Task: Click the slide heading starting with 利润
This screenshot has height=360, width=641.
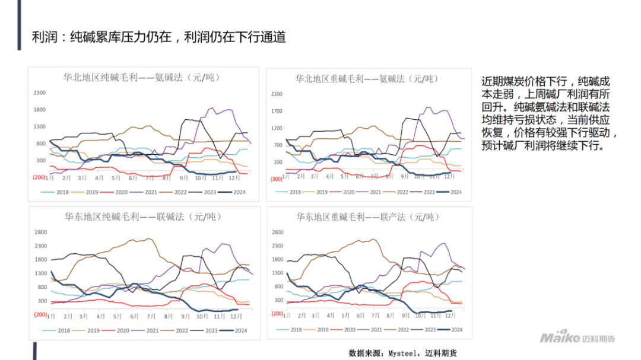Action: [159, 37]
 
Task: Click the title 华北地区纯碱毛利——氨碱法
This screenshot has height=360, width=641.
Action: [141, 78]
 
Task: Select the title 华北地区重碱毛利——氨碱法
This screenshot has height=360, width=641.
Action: [367, 78]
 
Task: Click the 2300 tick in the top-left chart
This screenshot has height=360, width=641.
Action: [39, 93]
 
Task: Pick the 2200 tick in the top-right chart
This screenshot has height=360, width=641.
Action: [277, 94]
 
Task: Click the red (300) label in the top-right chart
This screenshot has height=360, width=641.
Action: [276, 179]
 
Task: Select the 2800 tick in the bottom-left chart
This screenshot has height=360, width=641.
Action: [40, 232]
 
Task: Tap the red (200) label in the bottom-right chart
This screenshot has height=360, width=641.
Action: [277, 314]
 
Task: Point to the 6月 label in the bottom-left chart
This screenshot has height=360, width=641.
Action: [134, 316]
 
